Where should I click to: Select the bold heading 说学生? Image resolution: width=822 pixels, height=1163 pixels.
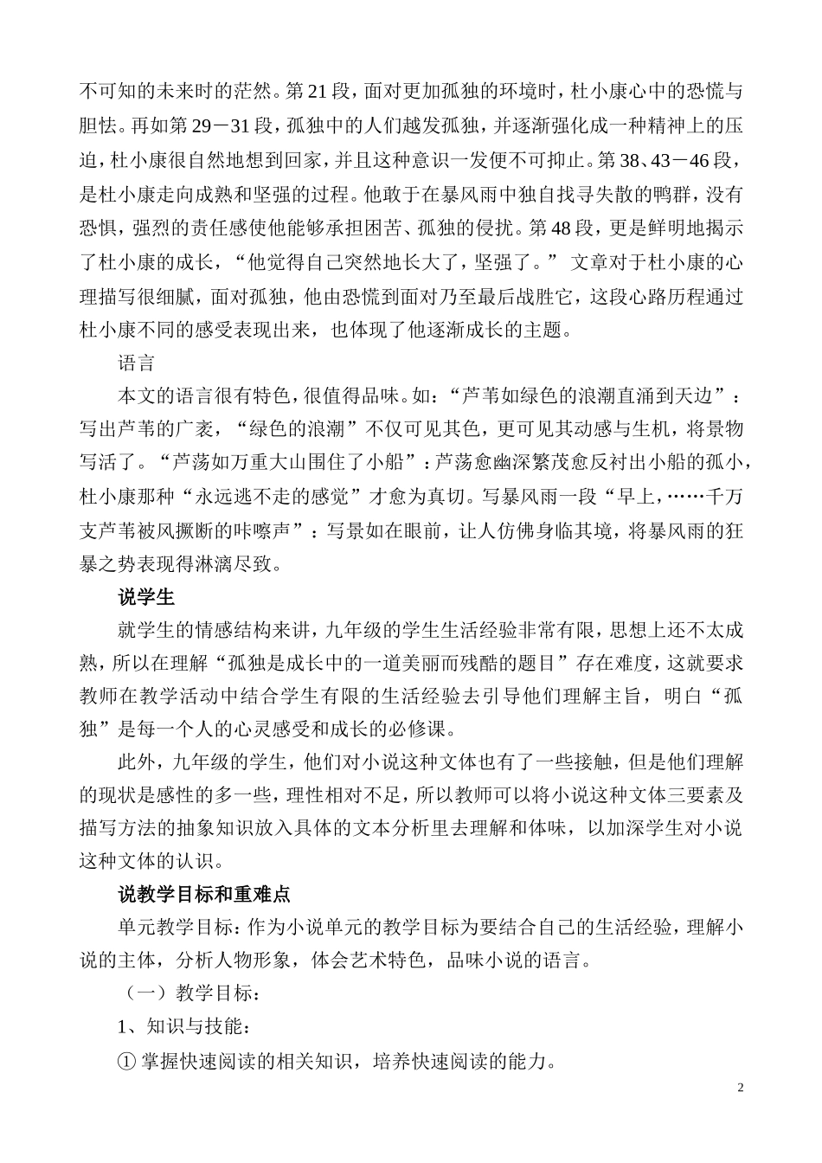coord(146,597)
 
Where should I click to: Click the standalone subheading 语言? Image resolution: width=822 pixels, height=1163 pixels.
coord(135,363)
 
